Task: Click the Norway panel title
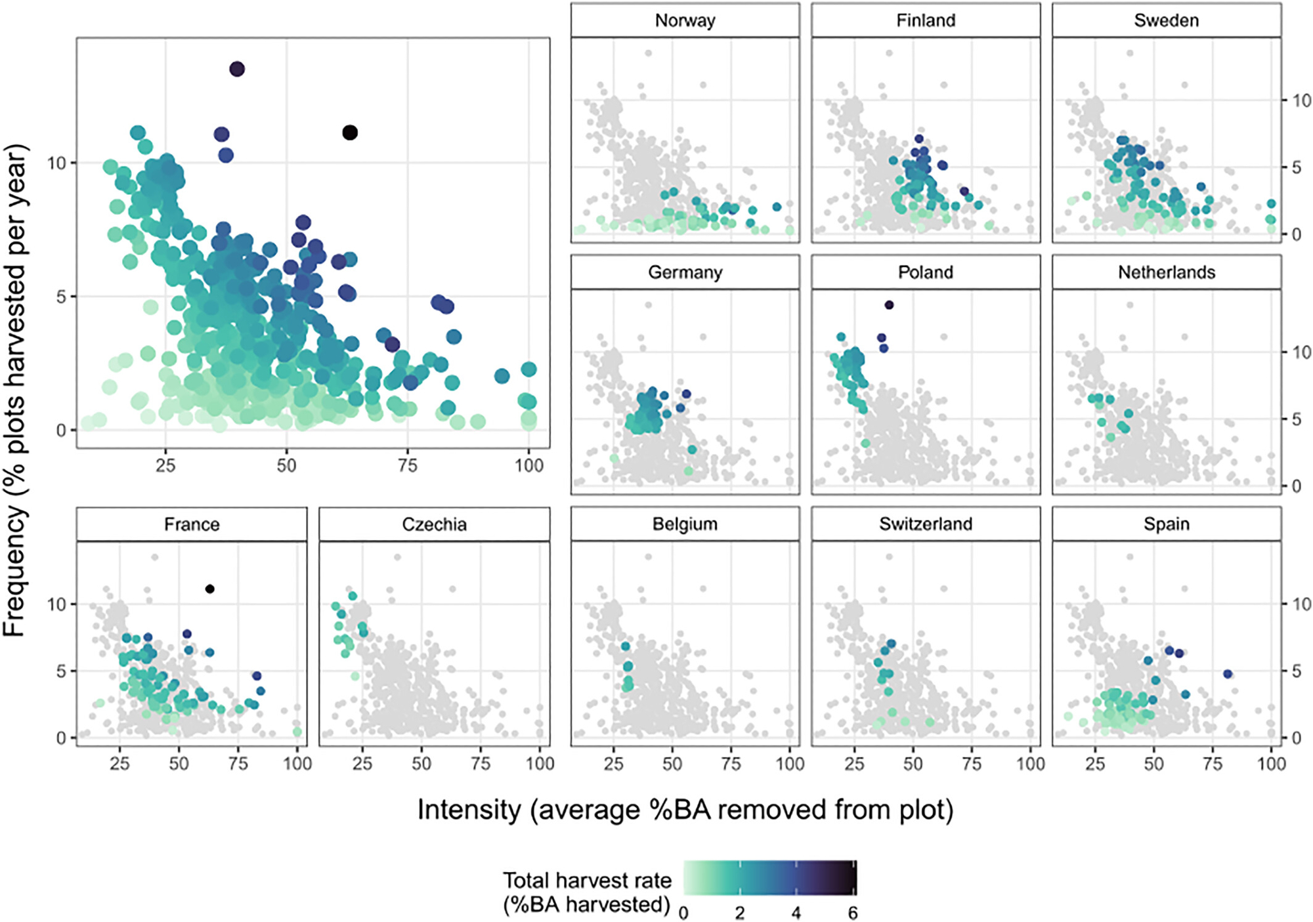coord(685,20)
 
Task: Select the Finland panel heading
coord(926,20)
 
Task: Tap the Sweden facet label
coord(1166,20)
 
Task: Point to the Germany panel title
coord(685,272)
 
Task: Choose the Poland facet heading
coord(926,272)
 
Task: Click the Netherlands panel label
coord(1166,272)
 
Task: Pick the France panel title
coord(192,524)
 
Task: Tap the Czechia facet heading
coord(434,524)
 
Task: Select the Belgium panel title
coord(685,524)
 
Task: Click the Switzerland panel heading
coord(926,524)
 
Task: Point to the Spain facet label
coord(1166,524)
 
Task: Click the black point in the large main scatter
coord(350,133)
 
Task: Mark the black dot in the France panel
coord(209,589)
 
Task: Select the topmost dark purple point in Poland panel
coord(889,305)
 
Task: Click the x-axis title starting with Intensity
coord(685,810)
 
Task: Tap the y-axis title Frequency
coord(14,390)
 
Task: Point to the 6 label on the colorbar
coord(852,913)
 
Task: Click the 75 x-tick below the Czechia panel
coord(481,764)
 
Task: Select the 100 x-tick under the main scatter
coord(528,466)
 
